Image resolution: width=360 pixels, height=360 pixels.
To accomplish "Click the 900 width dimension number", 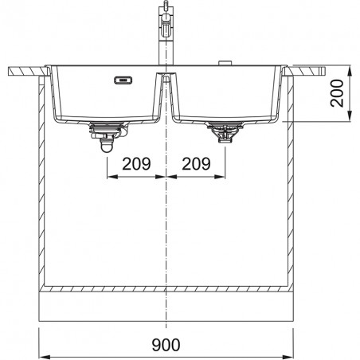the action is (166, 345).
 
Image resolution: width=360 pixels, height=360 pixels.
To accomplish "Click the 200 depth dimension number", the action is (337, 93).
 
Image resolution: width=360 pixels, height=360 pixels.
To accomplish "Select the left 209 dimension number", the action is (136, 163).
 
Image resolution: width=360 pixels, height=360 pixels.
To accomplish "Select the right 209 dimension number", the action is (196, 163).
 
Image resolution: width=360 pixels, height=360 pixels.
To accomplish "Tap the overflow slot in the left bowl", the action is (123, 80).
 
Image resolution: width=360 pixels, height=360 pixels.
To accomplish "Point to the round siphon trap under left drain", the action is (107, 147).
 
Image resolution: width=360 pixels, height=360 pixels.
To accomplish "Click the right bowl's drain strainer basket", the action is (225, 132).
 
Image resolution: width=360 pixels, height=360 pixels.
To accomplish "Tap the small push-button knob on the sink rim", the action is (225, 63).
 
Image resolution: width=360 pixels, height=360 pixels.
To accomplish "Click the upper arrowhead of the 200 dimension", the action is (350, 71).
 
